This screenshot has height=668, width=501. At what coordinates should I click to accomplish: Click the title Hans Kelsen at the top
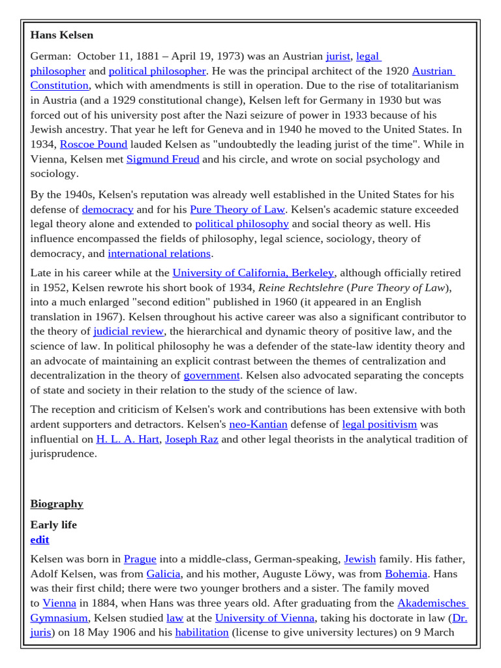[x=62, y=35]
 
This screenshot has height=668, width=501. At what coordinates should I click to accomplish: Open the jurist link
[x=338, y=56]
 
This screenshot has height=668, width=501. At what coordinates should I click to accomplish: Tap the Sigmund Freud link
[x=162, y=159]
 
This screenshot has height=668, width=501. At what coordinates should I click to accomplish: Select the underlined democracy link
[x=108, y=209]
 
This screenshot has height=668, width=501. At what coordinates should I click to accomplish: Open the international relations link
[x=159, y=254]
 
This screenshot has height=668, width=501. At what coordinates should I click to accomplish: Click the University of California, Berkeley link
[x=253, y=273]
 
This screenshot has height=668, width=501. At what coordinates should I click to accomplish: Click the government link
[x=212, y=376]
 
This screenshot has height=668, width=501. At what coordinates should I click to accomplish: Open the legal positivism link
[x=379, y=425]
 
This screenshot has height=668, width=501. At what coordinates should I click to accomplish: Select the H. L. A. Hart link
[x=128, y=439]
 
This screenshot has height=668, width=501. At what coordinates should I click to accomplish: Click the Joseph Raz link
[x=191, y=439]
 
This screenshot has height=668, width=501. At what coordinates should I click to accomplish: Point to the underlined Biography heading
[x=57, y=504]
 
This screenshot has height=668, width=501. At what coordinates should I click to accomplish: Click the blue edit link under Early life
[x=40, y=540]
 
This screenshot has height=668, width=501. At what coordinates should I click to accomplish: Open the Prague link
[x=140, y=559]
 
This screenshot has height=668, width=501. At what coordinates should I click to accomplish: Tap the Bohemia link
[x=406, y=574]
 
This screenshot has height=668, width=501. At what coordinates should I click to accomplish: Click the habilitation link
[x=202, y=633]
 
